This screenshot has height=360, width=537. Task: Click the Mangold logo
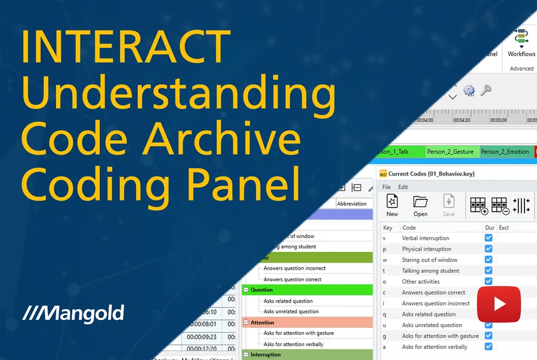[x=73, y=312]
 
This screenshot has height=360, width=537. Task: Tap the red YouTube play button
[x=499, y=304]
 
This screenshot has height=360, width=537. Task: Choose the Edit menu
[x=403, y=187]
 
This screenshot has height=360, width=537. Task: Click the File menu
[x=387, y=187]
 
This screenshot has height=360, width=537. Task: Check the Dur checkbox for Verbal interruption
[x=489, y=238]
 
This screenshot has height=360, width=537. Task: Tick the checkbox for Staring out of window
[x=489, y=260]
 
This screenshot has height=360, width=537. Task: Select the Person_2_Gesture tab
[x=450, y=152]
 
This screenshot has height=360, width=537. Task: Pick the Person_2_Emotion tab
[x=505, y=152]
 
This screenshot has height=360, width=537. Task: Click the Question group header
[x=262, y=290]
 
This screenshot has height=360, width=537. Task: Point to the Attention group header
[x=263, y=322]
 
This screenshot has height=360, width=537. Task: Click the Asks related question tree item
[x=288, y=301]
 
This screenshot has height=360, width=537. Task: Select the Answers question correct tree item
[x=292, y=279]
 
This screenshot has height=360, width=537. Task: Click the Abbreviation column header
[x=351, y=203]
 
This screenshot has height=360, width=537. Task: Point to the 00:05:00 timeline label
[x=498, y=120]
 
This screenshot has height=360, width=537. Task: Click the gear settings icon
[x=469, y=90]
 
